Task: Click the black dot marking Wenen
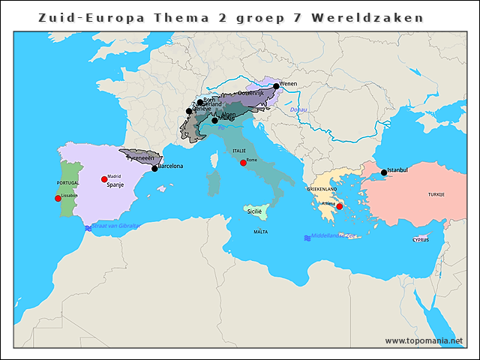pyautogui.click(x=276, y=86)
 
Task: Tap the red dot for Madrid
pyautogui.click(x=104, y=179)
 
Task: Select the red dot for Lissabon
pyautogui.click(x=58, y=199)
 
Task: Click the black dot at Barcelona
pyautogui.click(x=154, y=169)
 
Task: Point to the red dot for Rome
pyautogui.click(x=243, y=163)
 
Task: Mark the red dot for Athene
pyautogui.click(x=339, y=206)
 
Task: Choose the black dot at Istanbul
pyautogui.click(x=384, y=172)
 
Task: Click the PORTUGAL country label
pyautogui.click(x=67, y=183)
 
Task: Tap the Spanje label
pyautogui.click(x=115, y=184)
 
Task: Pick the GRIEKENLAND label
pyautogui.click(x=324, y=190)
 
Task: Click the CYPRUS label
pyautogui.click(x=421, y=240)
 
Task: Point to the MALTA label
pyautogui.click(x=260, y=232)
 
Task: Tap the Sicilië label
pyautogui.click(x=255, y=212)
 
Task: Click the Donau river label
pyautogui.click(x=298, y=109)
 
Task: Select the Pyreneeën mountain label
pyautogui.click(x=140, y=159)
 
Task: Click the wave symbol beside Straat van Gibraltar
pyautogui.click(x=88, y=227)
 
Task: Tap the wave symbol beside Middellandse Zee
pyautogui.click(x=307, y=238)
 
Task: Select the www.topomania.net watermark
pyautogui.click(x=424, y=340)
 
